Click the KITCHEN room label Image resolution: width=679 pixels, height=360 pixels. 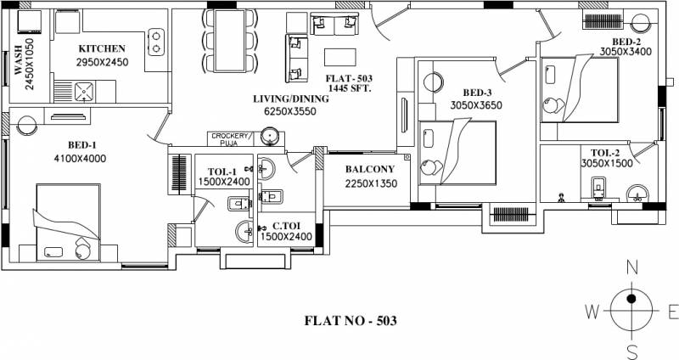click(102, 49)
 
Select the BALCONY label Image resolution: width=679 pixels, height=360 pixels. click(369, 168)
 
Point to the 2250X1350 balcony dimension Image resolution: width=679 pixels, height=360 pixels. click(369, 183)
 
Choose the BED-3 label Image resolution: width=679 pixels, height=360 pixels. click(479, 93)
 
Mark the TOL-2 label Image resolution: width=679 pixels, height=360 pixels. click(597, 152)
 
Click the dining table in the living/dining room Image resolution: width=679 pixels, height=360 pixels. click(229, 40)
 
